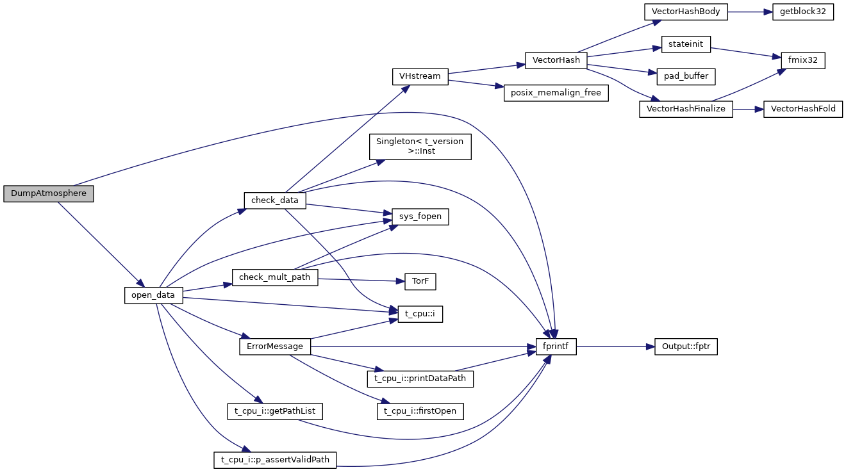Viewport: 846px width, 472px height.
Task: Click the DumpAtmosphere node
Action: (x=49, y=193)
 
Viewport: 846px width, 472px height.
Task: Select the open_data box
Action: (x=154, y=295)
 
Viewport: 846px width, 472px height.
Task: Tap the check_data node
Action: (x=275, y=200)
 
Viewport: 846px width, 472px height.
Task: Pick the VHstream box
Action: (x=420, y=76)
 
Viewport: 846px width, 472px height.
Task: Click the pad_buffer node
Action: (x=686, y=76)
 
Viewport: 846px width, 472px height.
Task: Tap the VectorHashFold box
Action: (x=802, y=109)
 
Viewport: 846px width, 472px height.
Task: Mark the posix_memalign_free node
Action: (x=555, y=93)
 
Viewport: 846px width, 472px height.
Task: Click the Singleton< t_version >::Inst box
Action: (x=420, y=146)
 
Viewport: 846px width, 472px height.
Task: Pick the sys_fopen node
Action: (x=420, y=217)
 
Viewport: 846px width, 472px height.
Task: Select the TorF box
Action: (x=420, y=281)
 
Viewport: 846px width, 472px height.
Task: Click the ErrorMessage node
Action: (x=275, y=346)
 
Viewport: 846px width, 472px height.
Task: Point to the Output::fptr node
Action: (x=685, y=346)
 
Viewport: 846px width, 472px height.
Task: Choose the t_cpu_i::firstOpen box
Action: (x=420, y=411)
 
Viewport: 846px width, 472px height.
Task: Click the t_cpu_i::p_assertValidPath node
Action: (x=275, y=459)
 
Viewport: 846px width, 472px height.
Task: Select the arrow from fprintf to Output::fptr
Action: (x=615, y=346)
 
